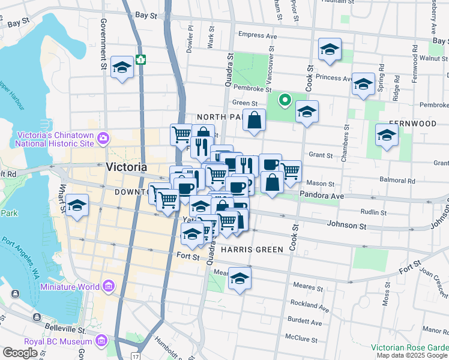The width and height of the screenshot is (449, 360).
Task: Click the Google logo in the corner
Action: click(x=20, y=353)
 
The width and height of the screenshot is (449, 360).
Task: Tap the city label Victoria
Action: click(x=126, y=167)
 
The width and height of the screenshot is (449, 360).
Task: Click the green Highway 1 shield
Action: click(x=140, y=59)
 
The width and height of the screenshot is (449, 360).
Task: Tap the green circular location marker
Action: click(x=285, y=100)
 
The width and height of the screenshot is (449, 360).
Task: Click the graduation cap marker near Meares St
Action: click(x=240, y=278)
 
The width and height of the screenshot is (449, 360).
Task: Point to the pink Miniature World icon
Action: click(x=108, y=287)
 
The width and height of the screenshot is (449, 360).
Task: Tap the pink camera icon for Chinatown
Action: click(x=103, y=139)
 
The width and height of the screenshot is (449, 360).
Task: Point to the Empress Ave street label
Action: click(x=258, y=35)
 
